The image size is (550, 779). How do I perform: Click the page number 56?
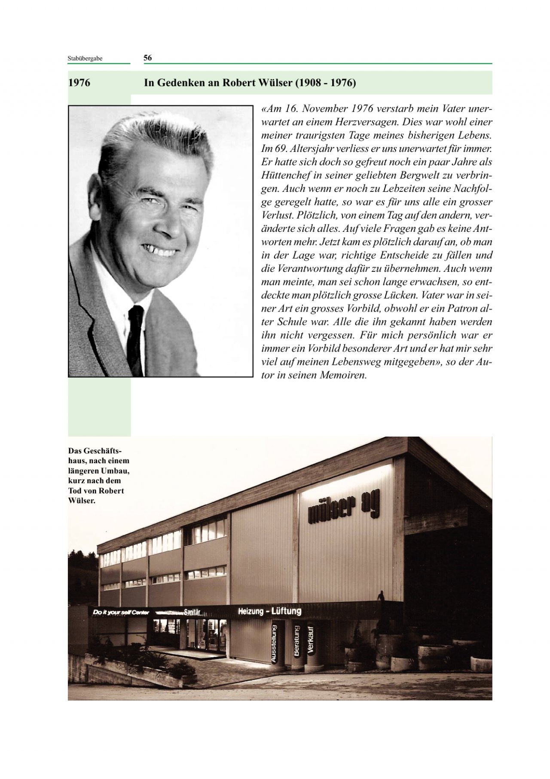click(147, 58)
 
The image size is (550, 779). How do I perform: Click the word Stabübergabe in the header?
click(85, 59)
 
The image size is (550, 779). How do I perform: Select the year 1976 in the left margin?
click(79, 83)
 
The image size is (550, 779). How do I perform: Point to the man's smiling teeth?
click(159, 251)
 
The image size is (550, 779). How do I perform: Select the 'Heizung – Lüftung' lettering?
click(269, 611)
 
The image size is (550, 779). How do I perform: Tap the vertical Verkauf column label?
click(311, 639)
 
